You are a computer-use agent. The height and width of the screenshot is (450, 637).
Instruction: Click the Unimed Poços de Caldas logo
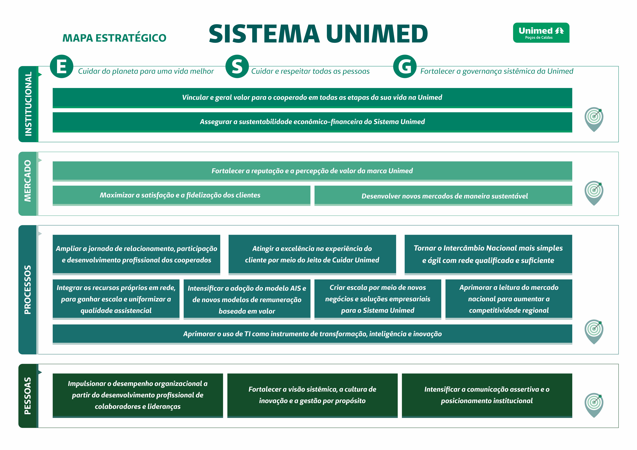tap(541, 33)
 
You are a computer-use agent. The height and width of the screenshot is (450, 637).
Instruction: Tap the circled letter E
tap(62, 66)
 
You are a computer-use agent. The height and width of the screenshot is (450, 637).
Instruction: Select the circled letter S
tap(237, 66)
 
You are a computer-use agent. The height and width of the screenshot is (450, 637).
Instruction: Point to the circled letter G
tap(405, 66)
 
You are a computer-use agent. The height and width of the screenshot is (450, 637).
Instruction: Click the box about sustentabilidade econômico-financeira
tap(312, 122)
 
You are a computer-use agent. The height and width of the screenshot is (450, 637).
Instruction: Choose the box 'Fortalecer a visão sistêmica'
tap(312, 395)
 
